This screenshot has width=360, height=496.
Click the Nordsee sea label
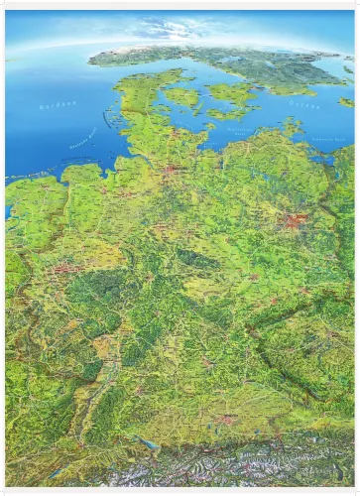point(59,105)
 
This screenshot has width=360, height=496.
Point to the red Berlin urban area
point(295,220)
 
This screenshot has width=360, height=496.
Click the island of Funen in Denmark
point(181,97)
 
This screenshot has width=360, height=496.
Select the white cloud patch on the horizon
point(164,30)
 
